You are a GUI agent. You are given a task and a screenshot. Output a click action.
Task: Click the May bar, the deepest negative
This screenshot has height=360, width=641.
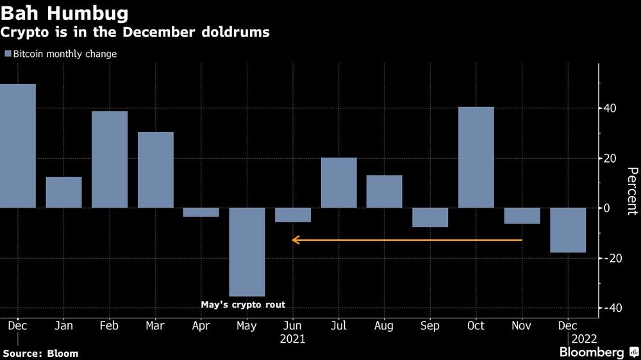(247, 252)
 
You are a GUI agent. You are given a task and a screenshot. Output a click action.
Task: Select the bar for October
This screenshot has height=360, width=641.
(476, 157)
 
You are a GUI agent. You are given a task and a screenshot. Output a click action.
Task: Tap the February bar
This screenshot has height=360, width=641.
(110, 160)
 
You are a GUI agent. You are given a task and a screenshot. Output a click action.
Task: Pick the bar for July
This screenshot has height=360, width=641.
(338, 183)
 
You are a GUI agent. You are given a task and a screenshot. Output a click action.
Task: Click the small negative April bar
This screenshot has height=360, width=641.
(201, 212)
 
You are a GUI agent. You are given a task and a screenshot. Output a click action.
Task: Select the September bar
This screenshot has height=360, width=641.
(430, 217)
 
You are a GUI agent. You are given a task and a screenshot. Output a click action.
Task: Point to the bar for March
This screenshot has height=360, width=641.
(155, 170)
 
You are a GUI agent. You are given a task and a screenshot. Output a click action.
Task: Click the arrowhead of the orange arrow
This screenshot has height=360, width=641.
(294, 240)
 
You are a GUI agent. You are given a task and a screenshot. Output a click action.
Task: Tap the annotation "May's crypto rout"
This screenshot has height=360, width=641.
(247, 305)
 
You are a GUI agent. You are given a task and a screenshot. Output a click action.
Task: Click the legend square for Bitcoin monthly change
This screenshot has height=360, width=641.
(8, 54)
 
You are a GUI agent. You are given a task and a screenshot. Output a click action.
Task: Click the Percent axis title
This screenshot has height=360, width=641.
(631, 190)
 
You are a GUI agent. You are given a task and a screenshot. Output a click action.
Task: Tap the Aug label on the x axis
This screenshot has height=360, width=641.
(384, 326)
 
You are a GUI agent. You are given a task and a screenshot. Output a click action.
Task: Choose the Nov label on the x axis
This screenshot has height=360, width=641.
(522, 326)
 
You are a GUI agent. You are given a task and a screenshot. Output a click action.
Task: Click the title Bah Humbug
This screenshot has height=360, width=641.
(64, 13)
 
